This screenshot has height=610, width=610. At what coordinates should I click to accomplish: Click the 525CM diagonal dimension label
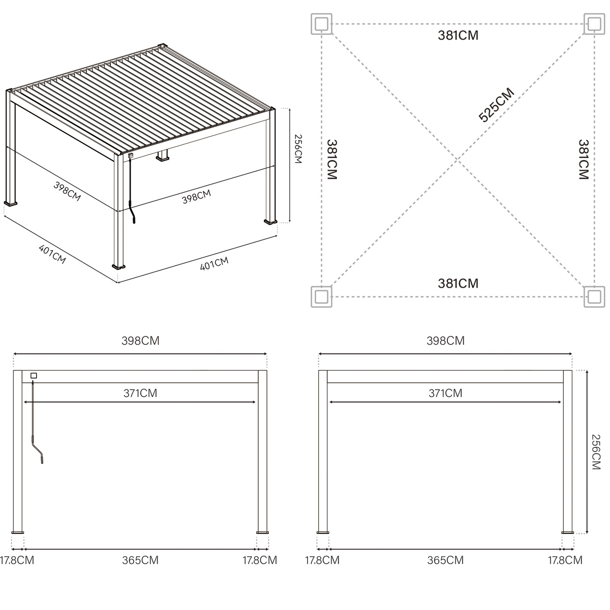(x=497, y=105)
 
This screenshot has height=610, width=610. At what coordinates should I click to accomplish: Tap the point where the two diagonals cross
(x=458, y=160)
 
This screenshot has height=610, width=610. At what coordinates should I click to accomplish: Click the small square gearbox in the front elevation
(x=34, y=376)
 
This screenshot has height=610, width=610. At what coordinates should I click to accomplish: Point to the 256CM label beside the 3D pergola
(x=298, y=149)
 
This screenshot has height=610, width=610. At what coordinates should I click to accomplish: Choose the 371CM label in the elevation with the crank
(x=140, y=393)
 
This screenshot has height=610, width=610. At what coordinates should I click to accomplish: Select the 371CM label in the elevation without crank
(x=445, y=393)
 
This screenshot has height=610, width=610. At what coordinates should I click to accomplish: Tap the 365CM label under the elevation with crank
(x=140, y=560)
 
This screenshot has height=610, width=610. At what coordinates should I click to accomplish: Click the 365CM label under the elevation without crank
(x=445, y=560)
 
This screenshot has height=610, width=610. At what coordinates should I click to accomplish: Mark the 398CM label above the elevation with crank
(x=140, y=341)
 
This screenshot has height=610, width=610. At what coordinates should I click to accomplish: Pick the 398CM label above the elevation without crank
(x=445, y=341)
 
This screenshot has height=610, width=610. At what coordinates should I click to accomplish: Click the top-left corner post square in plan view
(x=321, y=24)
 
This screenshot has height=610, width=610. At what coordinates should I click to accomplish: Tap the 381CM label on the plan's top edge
(x=458, y=36)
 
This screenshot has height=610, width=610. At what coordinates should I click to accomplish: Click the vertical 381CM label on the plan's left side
(x=332, y=160)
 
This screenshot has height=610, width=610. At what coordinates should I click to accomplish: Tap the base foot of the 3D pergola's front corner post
(x=119, y=265)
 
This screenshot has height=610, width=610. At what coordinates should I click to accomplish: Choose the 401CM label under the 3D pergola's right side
(x=214, y=264)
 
